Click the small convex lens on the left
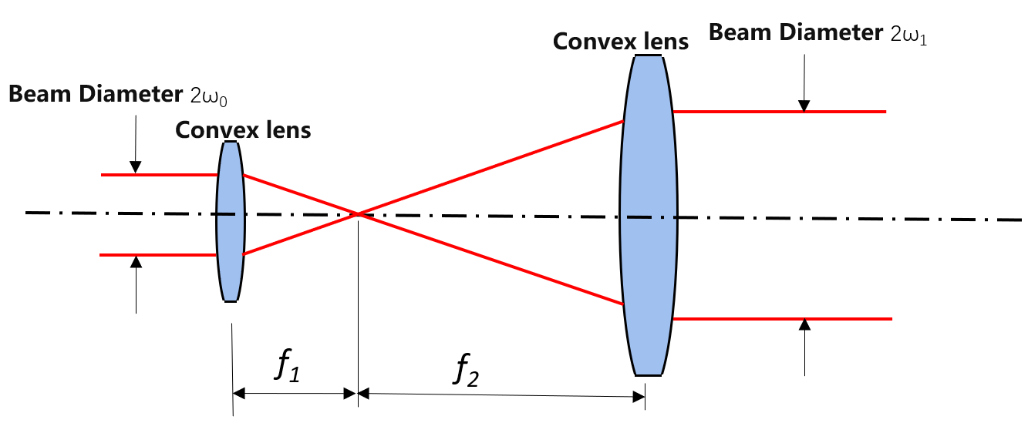[x=231, y=221]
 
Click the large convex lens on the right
[x=648, y=216]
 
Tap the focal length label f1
[x=288, y=365]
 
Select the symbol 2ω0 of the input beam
[x=209, y=96]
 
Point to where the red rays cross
[x=359, y=213]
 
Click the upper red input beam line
[x=159, y=175]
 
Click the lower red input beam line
[x=158, y=255]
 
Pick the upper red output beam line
[x=779, y=112]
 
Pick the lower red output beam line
[x=783, y=318]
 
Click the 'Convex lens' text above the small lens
[x=243, y=130]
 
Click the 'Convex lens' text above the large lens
[x=621, y=42]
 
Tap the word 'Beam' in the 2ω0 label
[x=40, y=94]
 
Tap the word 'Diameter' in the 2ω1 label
[x=831, y=32]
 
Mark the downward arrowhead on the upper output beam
[x=804, y=106]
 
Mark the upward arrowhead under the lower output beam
[x=804, y=325]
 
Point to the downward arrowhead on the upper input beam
[x=135, y=167]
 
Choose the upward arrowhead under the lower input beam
[x=136, y=262]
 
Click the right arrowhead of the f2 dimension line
[x=639, y=397]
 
